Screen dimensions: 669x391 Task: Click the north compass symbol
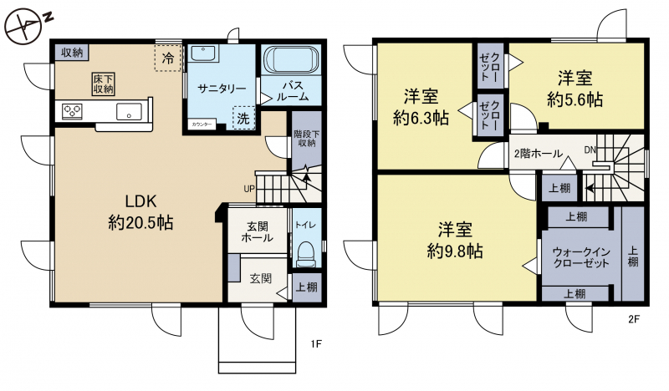pyautogui.click(x=25, y=27)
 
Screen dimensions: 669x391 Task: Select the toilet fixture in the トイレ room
pyautogui.click(x=305, y=254)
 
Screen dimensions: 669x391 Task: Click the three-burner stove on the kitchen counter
pyautogui.click(x=72, y=112)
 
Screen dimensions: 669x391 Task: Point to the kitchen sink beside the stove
pyautogui.click(x=130, y=111)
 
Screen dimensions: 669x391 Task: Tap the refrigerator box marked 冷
pyautogui.click(x=168, y=58)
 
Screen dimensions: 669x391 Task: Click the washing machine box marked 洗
pyautogui.click(x=243, y=118)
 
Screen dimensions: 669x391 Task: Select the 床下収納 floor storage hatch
pyautogui.click(x=104, y=84)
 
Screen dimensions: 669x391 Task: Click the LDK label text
pyautogui.click(x=140, y=201)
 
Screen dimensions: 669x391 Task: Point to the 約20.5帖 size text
pyautogui.click(x=140, y=222)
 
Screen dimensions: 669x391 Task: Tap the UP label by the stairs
pyautogui.click(x=249, y=189)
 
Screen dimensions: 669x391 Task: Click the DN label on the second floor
pyautogui.click(x=590, y=150)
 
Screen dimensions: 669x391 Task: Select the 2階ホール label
pyautogui.click(x=538, y=154)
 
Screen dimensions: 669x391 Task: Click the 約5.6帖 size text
pyautogui.click(x=575, y=99)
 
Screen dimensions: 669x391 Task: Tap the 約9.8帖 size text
pyautogui.click(x=455, y=251)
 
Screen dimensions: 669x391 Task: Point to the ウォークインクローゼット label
pyautogui.click(x=581, y=257)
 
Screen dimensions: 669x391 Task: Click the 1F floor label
pyautogui.click(x=316, y=343)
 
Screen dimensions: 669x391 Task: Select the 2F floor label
pyautogui.click(x=634, y=319)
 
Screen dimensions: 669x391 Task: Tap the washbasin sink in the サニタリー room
pyautogui.click(x=203, y=53)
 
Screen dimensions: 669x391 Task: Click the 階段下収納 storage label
pyautogui.click(x=306, y=139)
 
